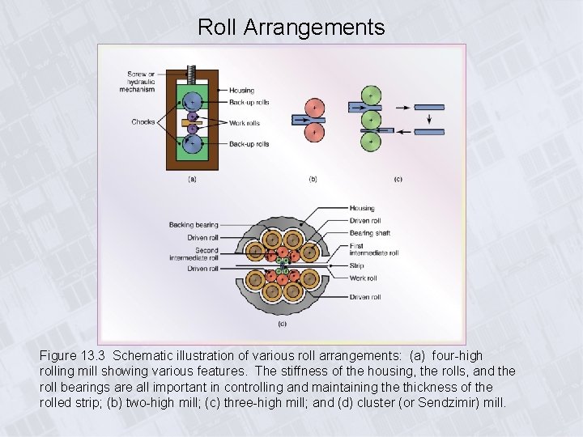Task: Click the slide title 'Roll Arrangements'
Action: [x=291, y=28]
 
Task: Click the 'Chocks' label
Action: [x=143, y=122]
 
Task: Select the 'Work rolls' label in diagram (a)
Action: [x=244, y=123]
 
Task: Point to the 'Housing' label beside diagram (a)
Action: [x=241, y=91]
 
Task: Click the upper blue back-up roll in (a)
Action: [x=193, y=101]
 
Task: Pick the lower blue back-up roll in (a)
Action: [x=193, y=143]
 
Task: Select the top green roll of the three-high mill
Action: [x=371, y=95]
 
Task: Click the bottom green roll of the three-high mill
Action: [x=371, y=142]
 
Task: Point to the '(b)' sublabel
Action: [x=313, y=179]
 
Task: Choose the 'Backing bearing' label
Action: [x=194, y=225]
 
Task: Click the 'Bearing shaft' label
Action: [x=370, y=233]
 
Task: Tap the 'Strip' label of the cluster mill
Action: [x=357, y=265]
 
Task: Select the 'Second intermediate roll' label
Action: [x=206, y=254]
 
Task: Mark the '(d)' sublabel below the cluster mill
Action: [x=282, y=325]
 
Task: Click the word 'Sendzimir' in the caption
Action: [x=437, y=401]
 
